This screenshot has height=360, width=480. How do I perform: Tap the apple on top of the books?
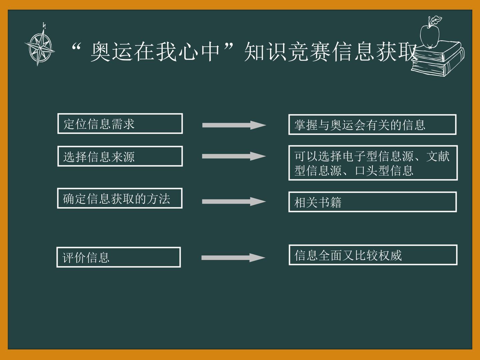[x=429, y=36]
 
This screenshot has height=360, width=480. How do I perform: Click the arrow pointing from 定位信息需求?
[x=234, y=125]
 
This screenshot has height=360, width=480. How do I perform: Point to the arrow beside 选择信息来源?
[x=234, y=156]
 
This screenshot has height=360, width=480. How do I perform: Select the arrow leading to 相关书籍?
[x=234, y=202]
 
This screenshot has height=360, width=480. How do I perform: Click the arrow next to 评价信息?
[x=233, y=258]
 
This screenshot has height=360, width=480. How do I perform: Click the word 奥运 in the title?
[x=112, y=52]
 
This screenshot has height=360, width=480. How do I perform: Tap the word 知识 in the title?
[x=265, y=52]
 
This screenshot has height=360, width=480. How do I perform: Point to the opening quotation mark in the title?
[x=76, y=46]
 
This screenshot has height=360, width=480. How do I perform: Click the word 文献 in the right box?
[x=438, y=156]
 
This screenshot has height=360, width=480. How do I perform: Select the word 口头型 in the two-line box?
[x=372, y=171]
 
